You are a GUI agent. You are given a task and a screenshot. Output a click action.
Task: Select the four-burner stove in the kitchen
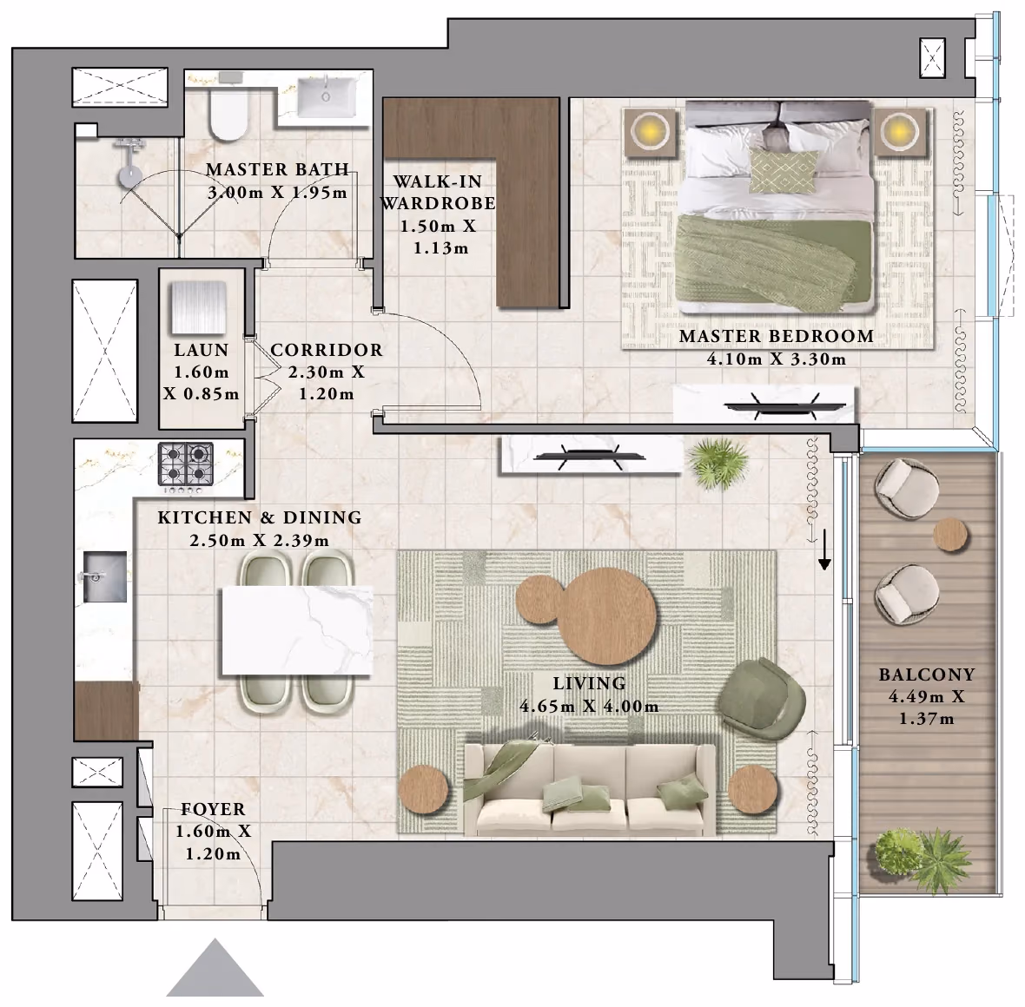click(x=186, y=466)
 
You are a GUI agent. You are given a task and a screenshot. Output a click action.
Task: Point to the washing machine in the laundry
click(x=199, y=307)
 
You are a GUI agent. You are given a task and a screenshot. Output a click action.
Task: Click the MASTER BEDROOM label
click(x=777, y=337)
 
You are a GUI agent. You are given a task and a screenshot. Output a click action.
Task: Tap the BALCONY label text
click(x=926, y=675)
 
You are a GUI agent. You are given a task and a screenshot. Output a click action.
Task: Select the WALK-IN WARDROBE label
click(x=437, y=192)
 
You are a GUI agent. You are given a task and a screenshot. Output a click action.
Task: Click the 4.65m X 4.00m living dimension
click(x=589, y=707)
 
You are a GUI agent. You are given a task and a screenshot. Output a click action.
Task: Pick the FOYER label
click(x=213, y=809)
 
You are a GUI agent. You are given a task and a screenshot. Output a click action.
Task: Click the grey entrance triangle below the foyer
click(x=215, y=969)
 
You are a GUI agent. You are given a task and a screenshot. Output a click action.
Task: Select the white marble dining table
click(x=297, y=630)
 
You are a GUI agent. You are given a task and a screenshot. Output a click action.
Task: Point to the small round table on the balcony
click(x=950, y=536)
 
